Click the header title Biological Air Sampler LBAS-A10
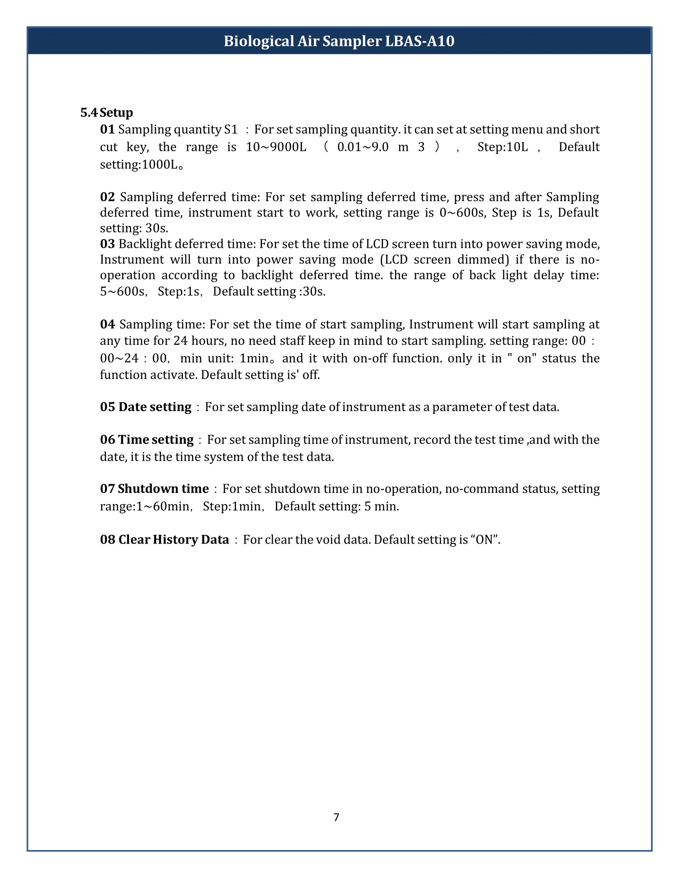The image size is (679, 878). pyautogui.click(x=339, y=41)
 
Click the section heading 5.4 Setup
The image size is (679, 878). pyautogui.click(x=107, y=113)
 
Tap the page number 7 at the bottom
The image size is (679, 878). pyautogui.click(x=336, y=817)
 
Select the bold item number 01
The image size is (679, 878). pyautogui.click(x=107, y=129)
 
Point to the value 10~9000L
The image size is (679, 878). pyautogui.click(x=276, y=147)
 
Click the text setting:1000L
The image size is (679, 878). pyautogui.click(x=139, y=165)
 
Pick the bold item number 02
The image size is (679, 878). pyautogui.click(x=107, y=197)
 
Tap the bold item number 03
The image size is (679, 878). pyautogui.click(x=107, y=244)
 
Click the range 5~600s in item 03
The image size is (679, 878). pyautogui.click(x=122, y=291)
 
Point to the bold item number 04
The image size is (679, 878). pyautogui.click(x=107, y=324)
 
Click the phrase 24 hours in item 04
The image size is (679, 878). pyautogui.click(x=195, y=341)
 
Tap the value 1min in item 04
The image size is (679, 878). pyautogui.click(x=254, y=358)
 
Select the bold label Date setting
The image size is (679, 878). pyautogui.click(x=155, y=407)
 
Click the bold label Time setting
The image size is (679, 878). pyautogui.click(x=156, y=440)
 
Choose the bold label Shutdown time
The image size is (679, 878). pyautogui.click(x=163, y=489)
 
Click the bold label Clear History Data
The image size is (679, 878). pyautogui.click(x=173, y=540)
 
